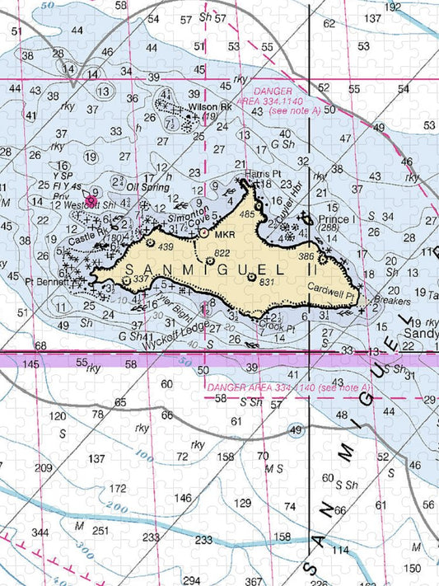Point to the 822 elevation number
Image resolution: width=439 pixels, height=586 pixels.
[222, 252]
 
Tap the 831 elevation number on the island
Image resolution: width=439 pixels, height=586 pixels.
[265, 283]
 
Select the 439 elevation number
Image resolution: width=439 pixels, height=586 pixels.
[166, 246]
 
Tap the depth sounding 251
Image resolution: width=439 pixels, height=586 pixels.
[100, 529]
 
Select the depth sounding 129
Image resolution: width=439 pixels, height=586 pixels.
[242, 503]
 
